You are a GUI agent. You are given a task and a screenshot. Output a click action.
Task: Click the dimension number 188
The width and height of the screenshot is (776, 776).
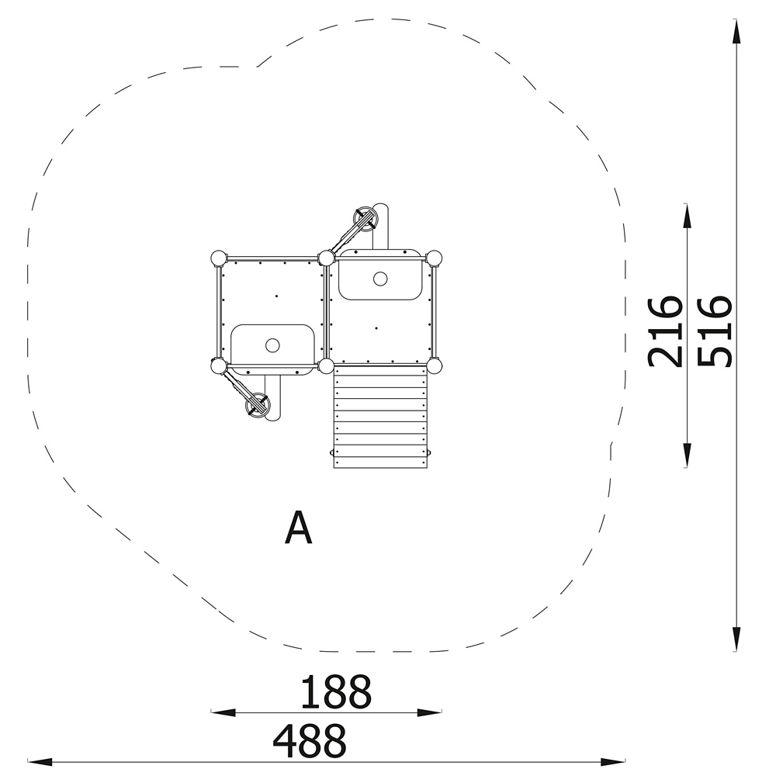tap(336, 691)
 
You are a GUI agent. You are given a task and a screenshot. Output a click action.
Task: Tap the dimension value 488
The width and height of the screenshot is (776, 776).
tap(310, 740)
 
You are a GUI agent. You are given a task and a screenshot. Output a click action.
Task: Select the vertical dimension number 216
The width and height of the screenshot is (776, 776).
tap(665, 332)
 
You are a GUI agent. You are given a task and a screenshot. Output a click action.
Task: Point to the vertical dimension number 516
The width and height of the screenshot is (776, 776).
tap(714, 331)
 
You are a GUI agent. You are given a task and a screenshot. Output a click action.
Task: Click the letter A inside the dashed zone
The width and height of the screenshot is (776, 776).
tap(299, 528)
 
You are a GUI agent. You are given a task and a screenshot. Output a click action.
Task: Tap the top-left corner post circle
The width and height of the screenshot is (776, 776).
tap(218, 258)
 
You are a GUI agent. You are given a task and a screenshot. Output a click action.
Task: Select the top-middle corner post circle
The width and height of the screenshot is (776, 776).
tap(326, 258)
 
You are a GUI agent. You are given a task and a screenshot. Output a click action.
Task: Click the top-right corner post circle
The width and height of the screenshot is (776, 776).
tap(434, 258)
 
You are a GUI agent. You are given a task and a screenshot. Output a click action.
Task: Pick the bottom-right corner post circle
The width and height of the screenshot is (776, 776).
tap(434, 366)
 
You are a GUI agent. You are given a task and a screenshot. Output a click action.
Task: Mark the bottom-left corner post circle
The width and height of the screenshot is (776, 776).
tap(218, 366)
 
